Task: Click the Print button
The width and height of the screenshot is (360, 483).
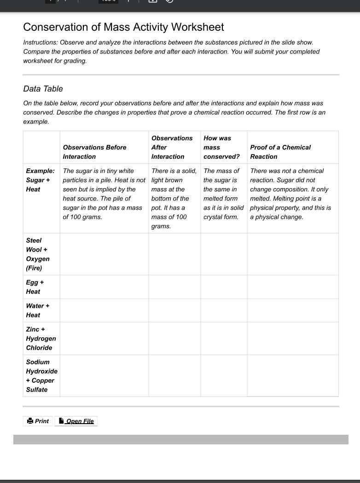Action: coord(38,421)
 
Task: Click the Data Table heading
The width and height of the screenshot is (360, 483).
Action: coord(43,89)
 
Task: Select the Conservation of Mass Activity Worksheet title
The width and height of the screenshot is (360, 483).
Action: coord(123,27)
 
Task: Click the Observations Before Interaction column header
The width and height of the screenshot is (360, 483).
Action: coord(94,152)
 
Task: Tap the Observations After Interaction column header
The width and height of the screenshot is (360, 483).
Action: coord(172,147)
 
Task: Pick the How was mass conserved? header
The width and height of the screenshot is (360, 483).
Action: coord(221,147)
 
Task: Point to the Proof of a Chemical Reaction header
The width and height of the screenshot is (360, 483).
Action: coord(280,152)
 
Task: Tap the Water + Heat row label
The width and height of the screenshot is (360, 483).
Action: coord(37,310)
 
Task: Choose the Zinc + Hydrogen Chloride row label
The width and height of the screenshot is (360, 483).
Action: coord(41,339)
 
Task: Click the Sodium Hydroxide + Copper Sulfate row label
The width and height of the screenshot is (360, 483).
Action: coord(41,376)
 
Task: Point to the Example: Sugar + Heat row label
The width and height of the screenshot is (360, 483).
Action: coord(40,180)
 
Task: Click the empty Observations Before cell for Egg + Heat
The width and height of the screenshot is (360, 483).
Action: coord(104,287)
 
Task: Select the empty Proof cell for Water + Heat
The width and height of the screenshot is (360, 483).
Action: coord(293,310)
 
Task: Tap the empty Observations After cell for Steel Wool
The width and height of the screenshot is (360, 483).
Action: coord(174,254)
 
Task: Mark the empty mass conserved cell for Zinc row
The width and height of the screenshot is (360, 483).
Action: coord(224,339)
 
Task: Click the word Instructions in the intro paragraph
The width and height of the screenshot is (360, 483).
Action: coord(40,42)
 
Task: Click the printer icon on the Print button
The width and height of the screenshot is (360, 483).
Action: coord(30,421)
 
